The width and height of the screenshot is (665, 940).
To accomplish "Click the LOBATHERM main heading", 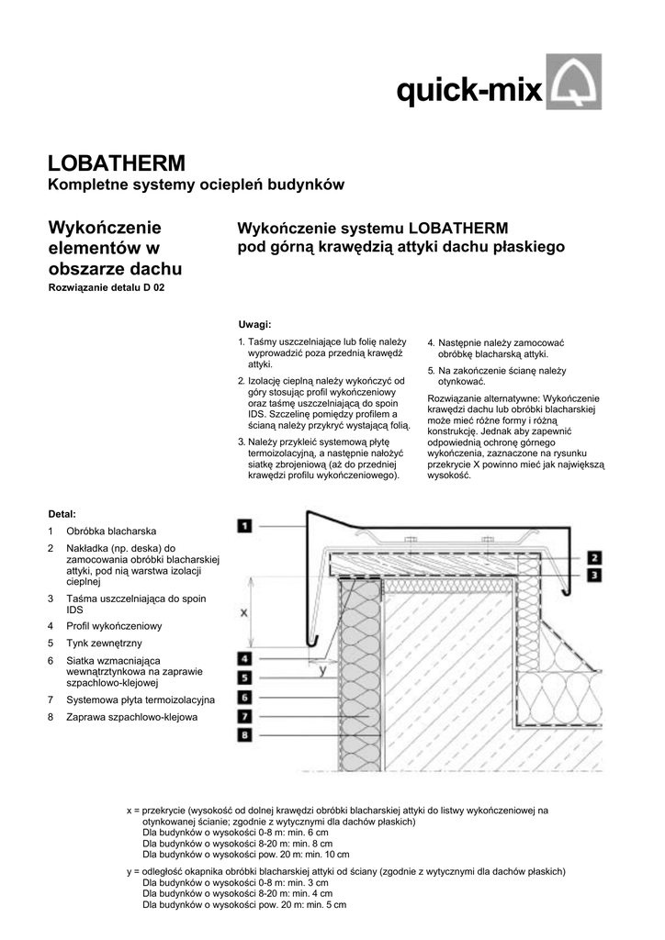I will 116,163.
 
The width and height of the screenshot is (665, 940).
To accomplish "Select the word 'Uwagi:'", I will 254,325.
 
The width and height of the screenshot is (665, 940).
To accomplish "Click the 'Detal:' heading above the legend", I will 62,513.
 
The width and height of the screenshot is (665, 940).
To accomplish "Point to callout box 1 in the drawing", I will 244,526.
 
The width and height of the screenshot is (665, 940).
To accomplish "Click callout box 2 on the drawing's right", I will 594,557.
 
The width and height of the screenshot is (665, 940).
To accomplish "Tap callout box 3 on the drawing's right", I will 594,575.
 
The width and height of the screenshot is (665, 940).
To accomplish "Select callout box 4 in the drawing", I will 244,658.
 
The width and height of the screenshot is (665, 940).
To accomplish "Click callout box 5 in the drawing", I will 244,677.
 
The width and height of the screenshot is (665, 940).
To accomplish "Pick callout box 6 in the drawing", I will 244,697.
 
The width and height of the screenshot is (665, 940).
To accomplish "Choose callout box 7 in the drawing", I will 244,715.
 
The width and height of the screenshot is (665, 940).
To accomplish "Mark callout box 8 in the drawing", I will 244,734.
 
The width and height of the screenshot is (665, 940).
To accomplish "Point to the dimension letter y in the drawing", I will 321,670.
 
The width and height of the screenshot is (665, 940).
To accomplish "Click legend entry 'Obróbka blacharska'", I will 111,532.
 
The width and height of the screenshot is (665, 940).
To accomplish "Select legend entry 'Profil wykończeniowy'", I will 114,626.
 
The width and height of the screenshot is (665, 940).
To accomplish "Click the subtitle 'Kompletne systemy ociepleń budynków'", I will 196,186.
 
